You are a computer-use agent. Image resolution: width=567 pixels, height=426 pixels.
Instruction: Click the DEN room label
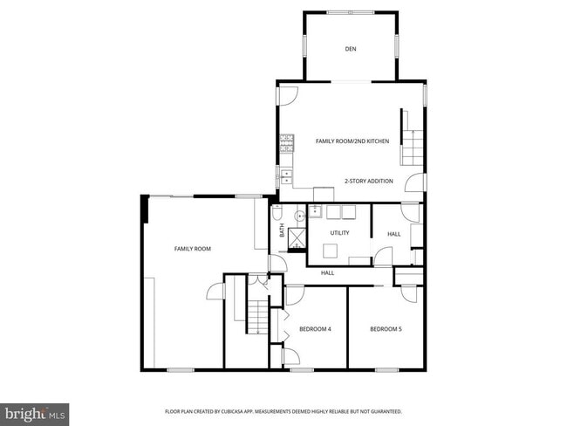coord(351,49)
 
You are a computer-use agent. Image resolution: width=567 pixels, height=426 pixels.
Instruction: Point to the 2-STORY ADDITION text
coord(368,181)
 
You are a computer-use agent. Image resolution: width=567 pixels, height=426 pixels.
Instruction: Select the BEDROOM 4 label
coord(315,328)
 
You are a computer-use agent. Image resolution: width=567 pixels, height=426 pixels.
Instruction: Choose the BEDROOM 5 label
coord(386,328)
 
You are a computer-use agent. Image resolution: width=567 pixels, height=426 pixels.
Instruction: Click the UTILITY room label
coord(339,232)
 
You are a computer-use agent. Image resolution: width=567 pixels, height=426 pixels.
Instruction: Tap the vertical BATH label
coord(282,231)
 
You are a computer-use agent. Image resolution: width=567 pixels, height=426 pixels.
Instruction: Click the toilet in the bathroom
coord(277,212)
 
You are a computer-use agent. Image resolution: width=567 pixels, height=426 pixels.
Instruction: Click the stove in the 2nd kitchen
coord(285,149)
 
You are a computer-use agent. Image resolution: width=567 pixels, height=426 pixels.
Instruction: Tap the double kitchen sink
coord(285,175)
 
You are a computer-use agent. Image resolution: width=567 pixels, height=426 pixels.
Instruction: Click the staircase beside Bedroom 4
coord(256,315)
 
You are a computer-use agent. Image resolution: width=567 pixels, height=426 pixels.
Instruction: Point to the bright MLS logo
coord(35,412)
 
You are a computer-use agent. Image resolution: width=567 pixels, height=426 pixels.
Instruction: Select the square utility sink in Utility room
coord(331,251)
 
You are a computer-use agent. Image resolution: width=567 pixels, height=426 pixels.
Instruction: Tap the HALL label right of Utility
coord(394,233)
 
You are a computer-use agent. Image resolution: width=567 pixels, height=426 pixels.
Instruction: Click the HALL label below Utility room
coord(328,272)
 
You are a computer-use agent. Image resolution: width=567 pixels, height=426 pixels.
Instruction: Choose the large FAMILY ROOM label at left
coord(193,249)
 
